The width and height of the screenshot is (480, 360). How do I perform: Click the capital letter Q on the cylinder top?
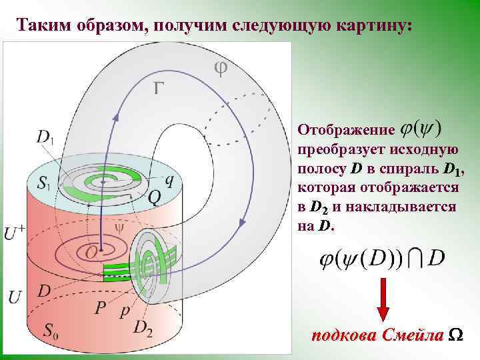pos(154,197)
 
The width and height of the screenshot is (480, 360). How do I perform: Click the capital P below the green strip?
pos(101,307)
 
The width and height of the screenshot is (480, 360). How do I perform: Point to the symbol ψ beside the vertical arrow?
pos(120,227)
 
